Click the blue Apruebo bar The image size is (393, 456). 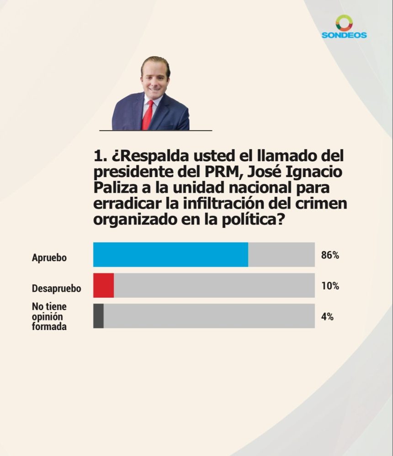pyautogui.click(x=170, y=255)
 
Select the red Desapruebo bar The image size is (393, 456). pyautogui.click(x=103, y=285)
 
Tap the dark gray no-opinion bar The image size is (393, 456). pyautogui.click(x=98, y=316)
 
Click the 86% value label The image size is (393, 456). pyautogui.click(x=330, y=255)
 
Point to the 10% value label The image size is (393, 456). pyautogui.click(x=330, y=286)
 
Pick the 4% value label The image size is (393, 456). pyautogui.click(x=327, y=317)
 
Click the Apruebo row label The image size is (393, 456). pyautogui.click(x=49, y=258)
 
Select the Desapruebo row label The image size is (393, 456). pyautogui.click(x=56, y=289)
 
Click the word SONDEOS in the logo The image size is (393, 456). pyautogui.click(x=344, y=35)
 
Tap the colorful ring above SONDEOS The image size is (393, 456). pyautogui.click(x=344, y=22)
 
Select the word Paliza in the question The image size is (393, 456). pyautogui.click(x=116, y=188)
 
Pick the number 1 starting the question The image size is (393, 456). pyautogui.click(x=97, y=157)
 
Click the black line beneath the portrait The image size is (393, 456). pyautogui.click(x=155, y=131)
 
